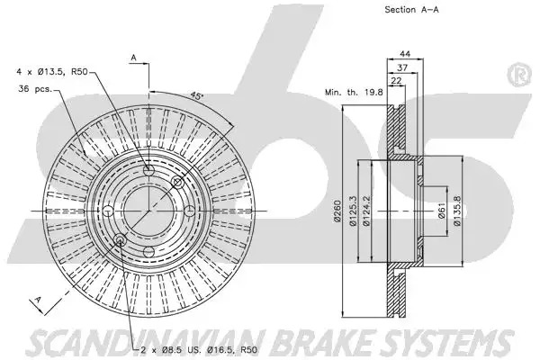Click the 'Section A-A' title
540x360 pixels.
click(411, 10)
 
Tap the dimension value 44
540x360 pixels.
click(405, 54)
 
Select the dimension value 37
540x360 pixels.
click(402, 67)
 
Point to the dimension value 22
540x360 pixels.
click(396, 81)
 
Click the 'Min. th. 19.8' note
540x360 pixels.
click(354, 92)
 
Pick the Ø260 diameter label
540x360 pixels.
click(337, 211)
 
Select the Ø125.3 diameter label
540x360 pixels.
click(353, 211)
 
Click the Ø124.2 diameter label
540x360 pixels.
click(366, 211)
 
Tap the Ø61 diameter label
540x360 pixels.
click(442, 211)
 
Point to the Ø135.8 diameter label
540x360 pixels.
click(456, 211)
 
